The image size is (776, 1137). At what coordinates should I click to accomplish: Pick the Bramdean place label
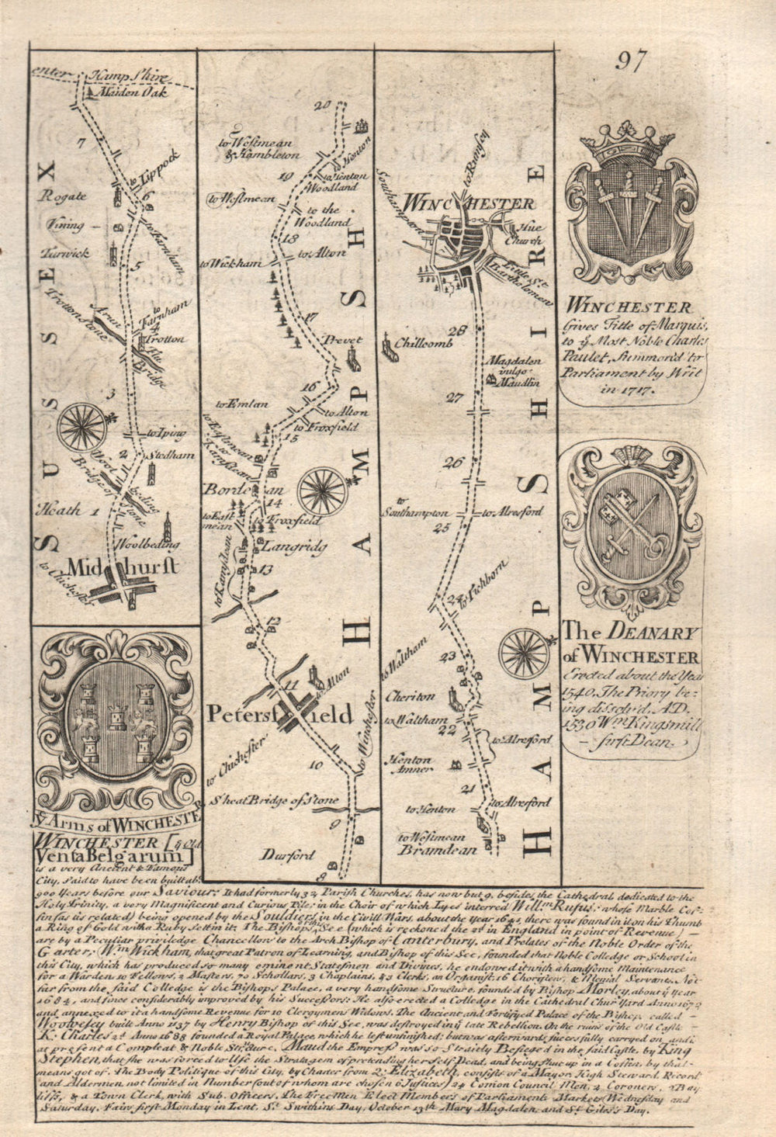429,849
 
